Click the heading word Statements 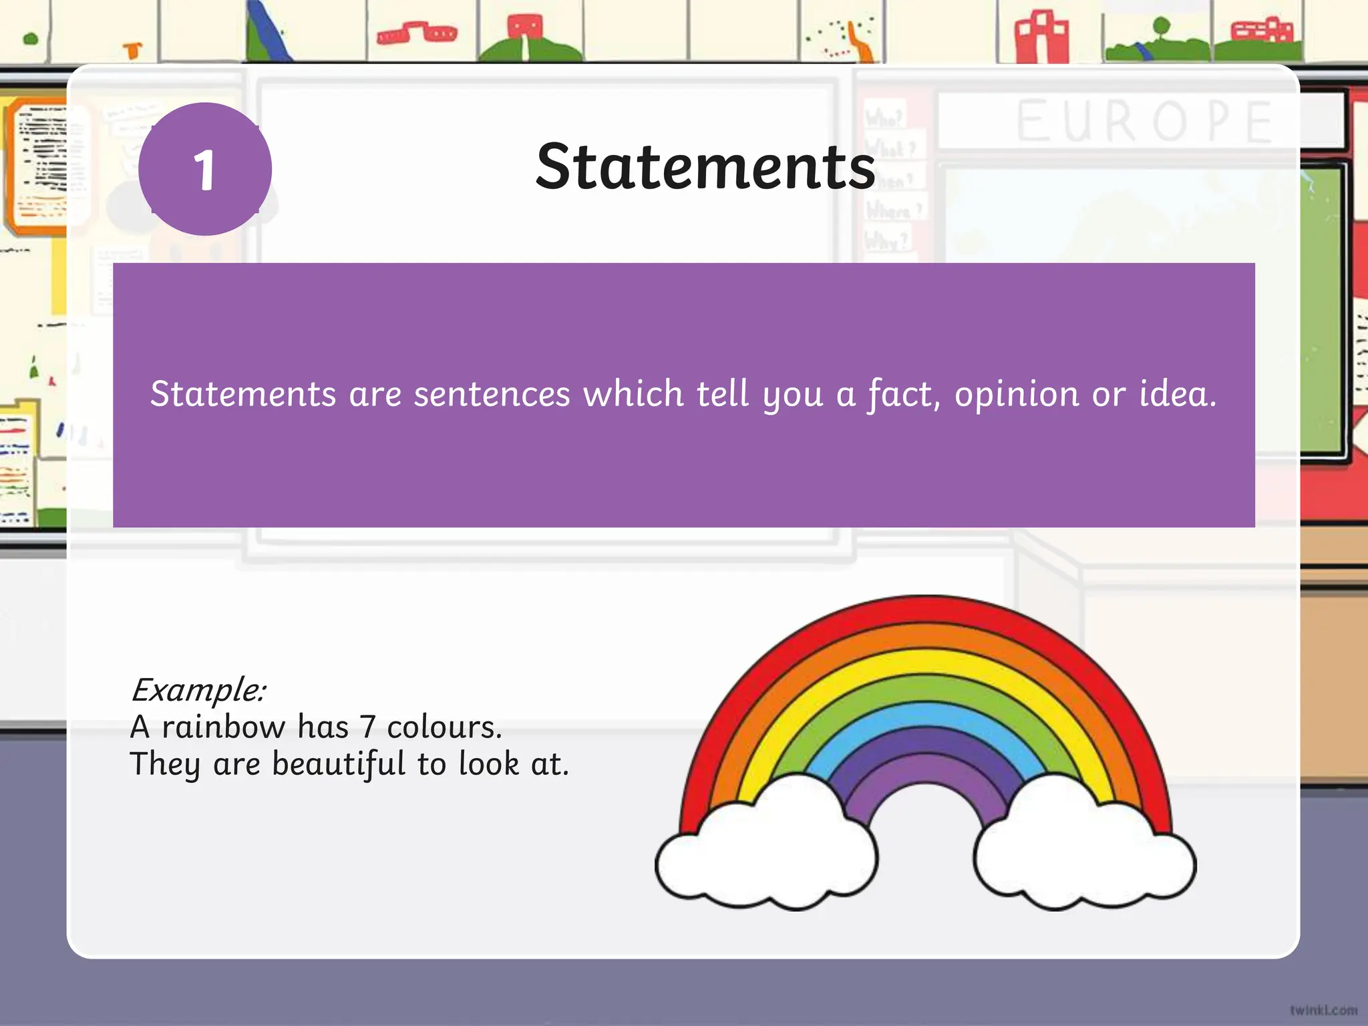[x=705, y=167]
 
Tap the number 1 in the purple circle [x=204, y=170]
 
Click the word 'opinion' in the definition [x=1016, y=394]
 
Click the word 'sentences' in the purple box [x=492, y=393]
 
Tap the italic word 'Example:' [x=198, y=689]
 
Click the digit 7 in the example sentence [x=367, y=727]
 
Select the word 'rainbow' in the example [x=223, y=727]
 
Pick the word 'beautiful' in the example [x=339, y=763]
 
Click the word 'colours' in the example [x=444, y=727]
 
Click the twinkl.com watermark [x=1323, y=1010]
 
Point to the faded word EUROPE [x=1144, y=122]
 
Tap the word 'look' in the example [x=488, y=763]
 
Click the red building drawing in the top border [x=1041, y=37]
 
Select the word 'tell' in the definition [x=723, y=393]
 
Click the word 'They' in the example [x=165, y=763]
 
